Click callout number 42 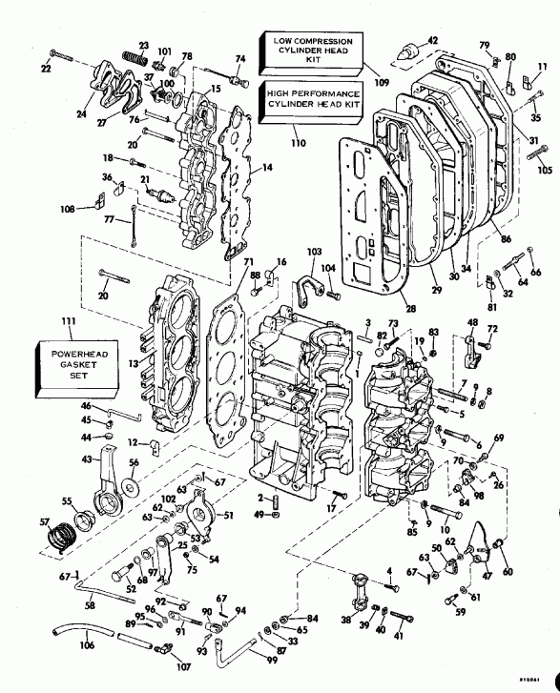432,40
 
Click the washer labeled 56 133,479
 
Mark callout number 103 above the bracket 314,250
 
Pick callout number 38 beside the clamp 345,620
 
